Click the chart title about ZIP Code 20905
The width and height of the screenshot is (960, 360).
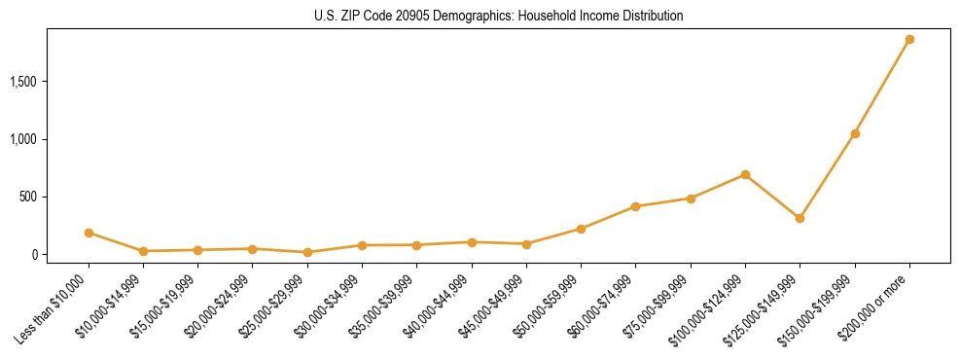click(498, 16)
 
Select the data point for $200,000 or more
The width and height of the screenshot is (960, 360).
click(909, 40)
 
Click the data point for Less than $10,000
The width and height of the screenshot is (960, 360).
click(89, 233)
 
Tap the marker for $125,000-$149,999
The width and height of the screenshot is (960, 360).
click(800, 218)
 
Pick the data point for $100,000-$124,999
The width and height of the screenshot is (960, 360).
click(745, 174)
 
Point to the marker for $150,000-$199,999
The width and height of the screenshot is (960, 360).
click(855, 133)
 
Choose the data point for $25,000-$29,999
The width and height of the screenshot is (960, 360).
click(307, 252)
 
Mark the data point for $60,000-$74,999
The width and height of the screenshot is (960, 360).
click(635, 206)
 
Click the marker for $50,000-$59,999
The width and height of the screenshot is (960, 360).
click(581, 229)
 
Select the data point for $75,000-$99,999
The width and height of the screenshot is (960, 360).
click(691, 198)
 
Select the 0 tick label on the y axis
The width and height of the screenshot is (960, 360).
click(33, 255)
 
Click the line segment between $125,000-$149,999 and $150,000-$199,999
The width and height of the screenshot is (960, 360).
click(827, 176)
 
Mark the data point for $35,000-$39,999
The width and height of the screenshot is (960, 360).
click(416, 245)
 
